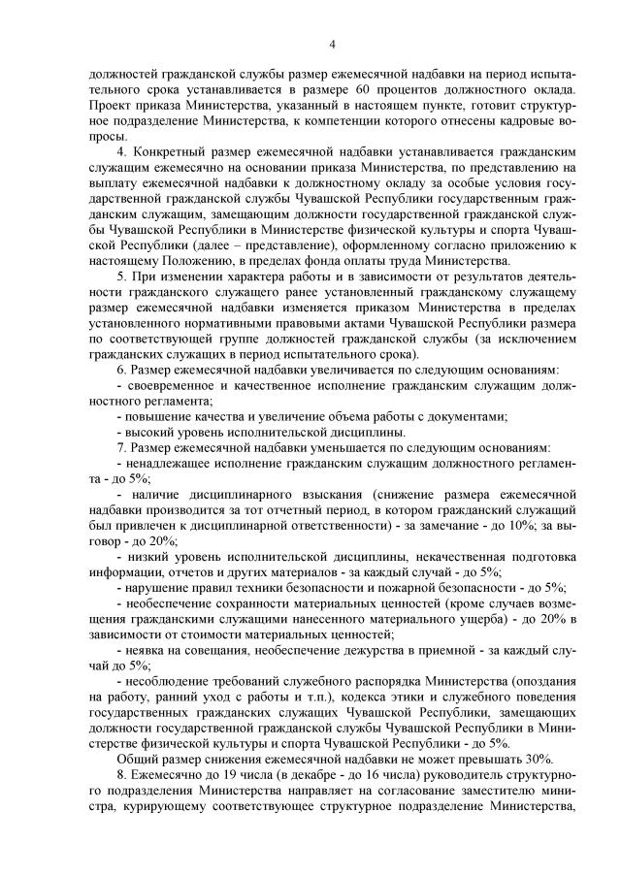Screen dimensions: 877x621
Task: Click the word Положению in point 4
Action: (194, 260)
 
